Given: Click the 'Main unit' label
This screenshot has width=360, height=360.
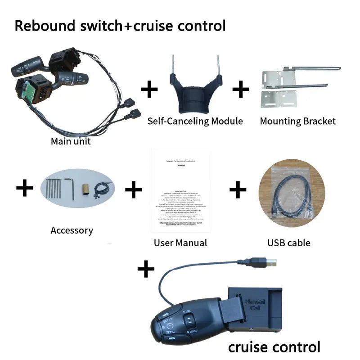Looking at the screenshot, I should pos(71,141).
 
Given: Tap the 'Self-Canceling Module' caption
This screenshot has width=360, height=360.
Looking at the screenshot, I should pos(195,121).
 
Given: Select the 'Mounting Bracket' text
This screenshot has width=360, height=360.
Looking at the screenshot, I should pos(298,121).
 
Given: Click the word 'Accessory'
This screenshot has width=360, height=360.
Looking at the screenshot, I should pos(72,230).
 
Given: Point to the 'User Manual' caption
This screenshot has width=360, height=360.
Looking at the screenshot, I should pos(180,243).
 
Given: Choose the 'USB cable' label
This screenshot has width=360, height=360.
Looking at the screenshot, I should pos(289,243).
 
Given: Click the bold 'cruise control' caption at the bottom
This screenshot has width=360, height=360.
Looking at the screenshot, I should pos(274,347).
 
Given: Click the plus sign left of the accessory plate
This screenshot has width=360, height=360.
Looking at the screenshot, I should pos(25,189).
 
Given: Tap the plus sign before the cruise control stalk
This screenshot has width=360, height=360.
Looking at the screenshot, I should pos(146,270).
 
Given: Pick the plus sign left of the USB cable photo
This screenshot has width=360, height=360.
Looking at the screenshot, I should pos(238,190).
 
